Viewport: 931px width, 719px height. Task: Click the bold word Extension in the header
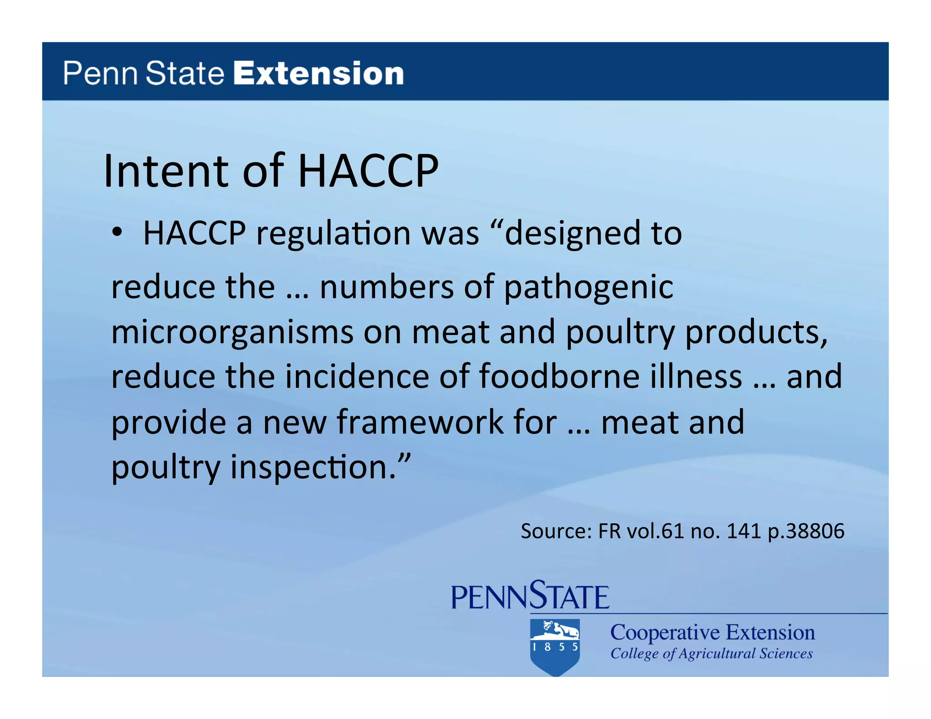(318, 74)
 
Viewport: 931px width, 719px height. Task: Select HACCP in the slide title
(368, 171)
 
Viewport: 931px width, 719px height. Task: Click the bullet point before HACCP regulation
(118, 233)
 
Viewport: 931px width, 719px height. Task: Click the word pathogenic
(589, 288)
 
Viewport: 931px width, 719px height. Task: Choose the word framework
(420, 422)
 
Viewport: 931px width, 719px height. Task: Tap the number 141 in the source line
(744, 531)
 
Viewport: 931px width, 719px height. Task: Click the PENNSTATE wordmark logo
(530, 595)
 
